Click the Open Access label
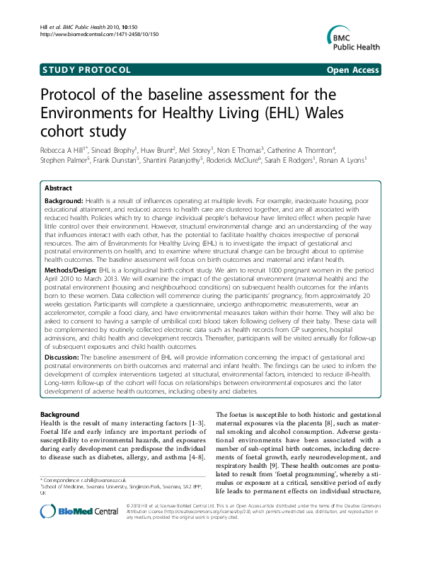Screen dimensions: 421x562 coord(352,69)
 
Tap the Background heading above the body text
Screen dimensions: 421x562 coord(59,414)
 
